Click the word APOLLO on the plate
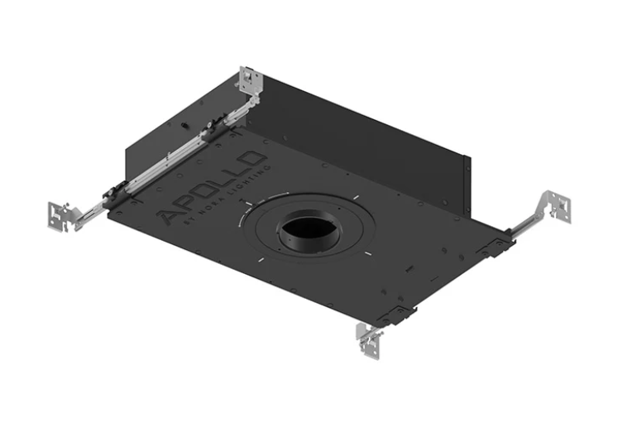(213, 187)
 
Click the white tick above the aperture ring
(352, 196)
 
